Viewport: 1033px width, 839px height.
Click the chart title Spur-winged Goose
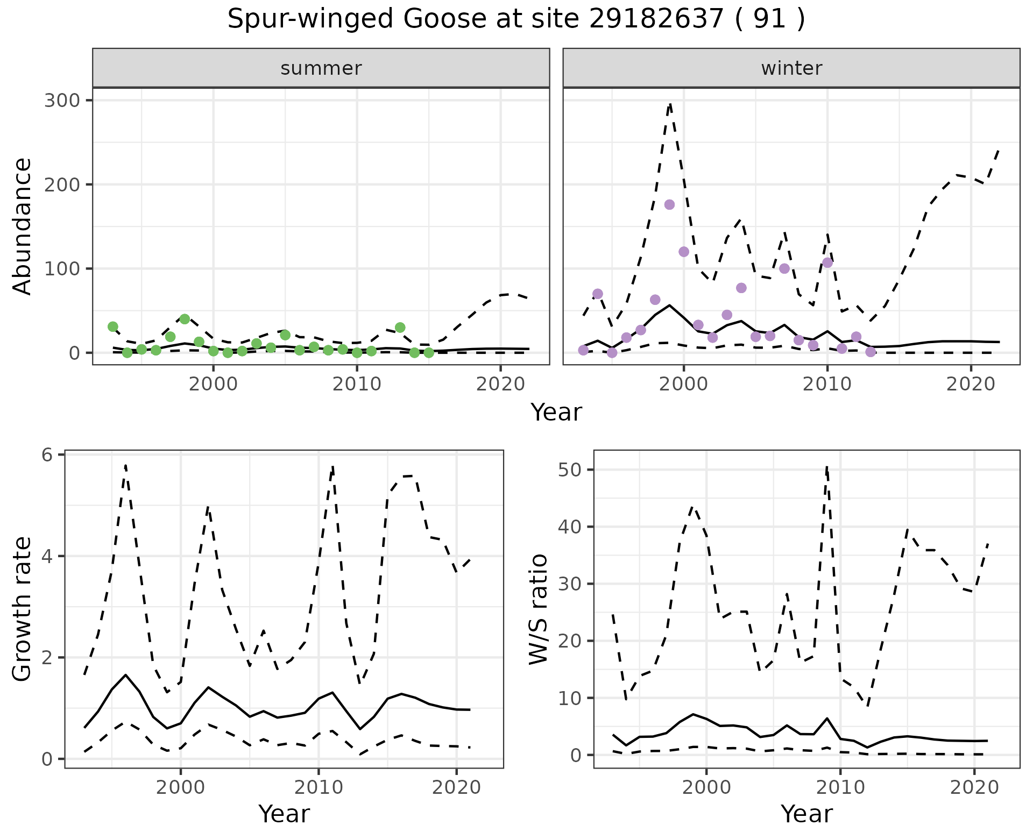(516, 20)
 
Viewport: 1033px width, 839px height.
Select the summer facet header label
(321, 68)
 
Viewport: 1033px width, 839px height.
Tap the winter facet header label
(791, 68)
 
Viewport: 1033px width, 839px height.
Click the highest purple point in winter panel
(669, 204)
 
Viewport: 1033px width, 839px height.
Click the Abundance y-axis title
(23, 226)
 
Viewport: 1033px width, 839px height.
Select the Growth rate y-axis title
(23, 609)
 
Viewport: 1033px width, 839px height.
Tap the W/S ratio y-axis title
(538, 609)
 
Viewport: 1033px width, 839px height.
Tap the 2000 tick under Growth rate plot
(181, 788)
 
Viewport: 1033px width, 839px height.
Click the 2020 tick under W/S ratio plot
(974, 788)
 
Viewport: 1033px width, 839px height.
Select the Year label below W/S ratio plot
(806, 814)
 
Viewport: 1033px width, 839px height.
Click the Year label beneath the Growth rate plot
(284, 814)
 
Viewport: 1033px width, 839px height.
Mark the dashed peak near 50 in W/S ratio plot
(826, 467)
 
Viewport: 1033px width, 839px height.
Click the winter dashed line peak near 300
(670, 104)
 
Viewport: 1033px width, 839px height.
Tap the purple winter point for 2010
(827, 262)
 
